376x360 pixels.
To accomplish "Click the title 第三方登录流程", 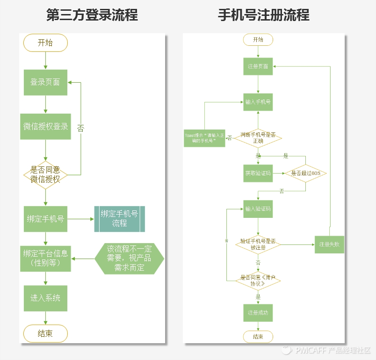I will (92, 15).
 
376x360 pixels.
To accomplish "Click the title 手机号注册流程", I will (264, 15).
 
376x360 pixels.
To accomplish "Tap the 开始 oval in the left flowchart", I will (45, 43).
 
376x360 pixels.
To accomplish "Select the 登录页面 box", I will (45, 82).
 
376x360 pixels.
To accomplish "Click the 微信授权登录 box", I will (45, 126).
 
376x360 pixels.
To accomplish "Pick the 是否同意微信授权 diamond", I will (45, 174).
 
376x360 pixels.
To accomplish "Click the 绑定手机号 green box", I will (45, 219).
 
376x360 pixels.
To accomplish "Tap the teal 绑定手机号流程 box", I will (119, 219).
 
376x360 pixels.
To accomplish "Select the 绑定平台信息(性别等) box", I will (45, 258).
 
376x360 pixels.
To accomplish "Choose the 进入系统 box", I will (45, 298).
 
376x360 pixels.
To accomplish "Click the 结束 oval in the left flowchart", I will (45, 333).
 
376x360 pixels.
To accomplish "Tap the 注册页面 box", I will (258, 66).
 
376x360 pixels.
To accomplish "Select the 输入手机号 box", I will (258, 101).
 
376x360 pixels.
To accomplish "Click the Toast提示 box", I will (204, 138).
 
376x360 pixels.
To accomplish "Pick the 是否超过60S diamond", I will (305, 173).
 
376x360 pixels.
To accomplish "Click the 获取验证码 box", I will (258, 173).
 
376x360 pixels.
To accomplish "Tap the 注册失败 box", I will (329, 244).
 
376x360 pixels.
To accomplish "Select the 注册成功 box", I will (258, 312).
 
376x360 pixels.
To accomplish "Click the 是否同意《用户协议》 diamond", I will (258, 281).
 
